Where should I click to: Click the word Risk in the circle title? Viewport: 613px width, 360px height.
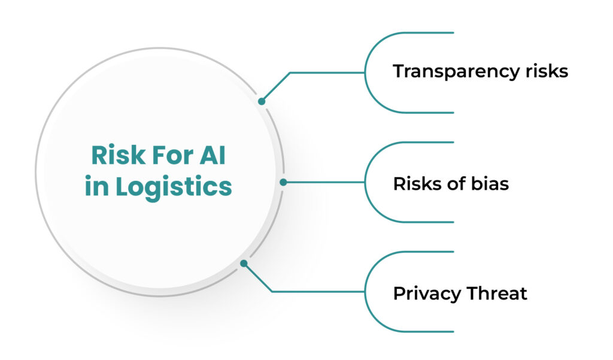pyautogui.click(x=115, y=156)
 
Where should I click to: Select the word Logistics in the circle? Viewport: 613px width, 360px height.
pyautogui.click(x=174, y=186)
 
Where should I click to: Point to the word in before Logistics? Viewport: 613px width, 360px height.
pyautogui.click(x=96, y=186)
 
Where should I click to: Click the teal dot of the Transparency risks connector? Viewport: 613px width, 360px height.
pyautogui.click(x=262, y=102)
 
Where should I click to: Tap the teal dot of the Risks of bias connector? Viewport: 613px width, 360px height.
pyautogui.click(x=283, y=182)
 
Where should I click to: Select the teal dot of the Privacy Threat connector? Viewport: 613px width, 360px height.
pyautogui.click(x=244, y=263)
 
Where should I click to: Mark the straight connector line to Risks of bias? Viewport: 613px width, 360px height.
pyautogui.click(x=323, y=182)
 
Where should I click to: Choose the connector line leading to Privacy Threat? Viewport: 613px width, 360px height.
pyautogui.click(x=317, y=292)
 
